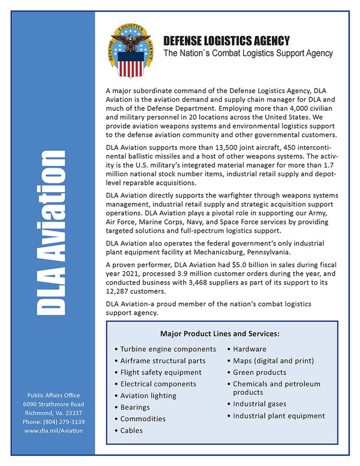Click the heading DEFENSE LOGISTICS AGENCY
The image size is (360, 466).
(x=226, y=41)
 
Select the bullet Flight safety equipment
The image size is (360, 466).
(x=160, y=372)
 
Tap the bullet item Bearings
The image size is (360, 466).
(x=135, y=407)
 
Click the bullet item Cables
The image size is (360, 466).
(x=131, y=431)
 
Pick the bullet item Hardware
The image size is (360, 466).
(x=249, y=349)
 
